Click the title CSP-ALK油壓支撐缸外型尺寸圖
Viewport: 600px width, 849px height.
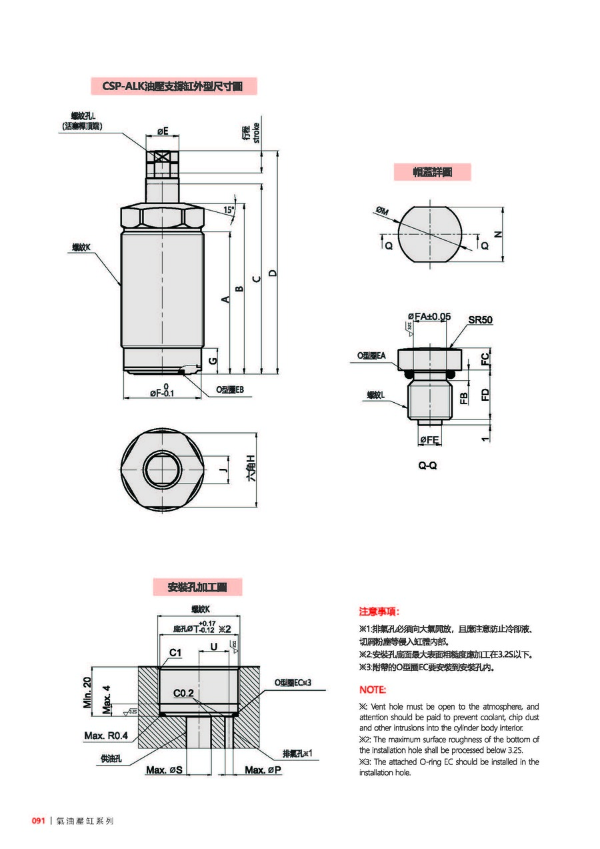173,86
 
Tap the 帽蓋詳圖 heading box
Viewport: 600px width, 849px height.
432,171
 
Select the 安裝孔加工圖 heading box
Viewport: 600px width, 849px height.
197,587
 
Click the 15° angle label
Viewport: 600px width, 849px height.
229,210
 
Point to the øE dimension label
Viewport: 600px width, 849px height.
163,131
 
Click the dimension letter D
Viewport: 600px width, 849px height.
272,273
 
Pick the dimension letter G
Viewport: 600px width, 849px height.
213,361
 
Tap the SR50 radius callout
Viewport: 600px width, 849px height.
480,320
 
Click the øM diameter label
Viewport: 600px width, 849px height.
382,211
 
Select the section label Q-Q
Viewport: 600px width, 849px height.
427,465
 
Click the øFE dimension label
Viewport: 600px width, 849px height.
429,440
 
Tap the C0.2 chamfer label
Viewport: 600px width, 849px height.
183,694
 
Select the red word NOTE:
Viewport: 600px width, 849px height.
372,690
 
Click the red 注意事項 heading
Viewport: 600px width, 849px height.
379,612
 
